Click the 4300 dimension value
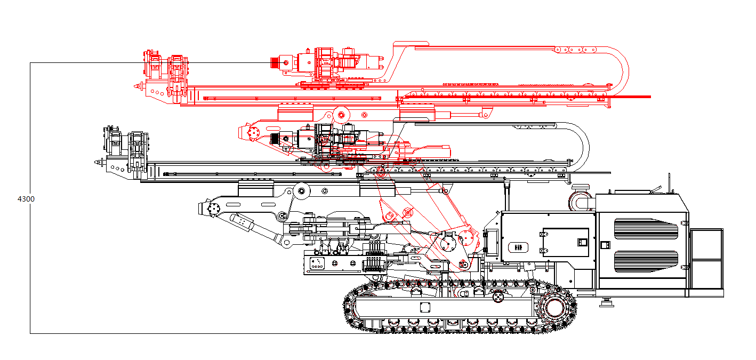coord(26,199)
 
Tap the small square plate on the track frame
coord(425,307)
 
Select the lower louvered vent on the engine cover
coord(646,260)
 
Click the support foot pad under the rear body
coord(606,303)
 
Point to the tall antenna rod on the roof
coord(669,183)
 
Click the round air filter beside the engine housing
coord(582,200)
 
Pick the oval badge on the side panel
coord(517,247)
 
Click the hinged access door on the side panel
coord(565,242)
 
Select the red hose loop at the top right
coord(618,67)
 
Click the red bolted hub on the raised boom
coord(253,132)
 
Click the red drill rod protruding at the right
coord(629,97)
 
